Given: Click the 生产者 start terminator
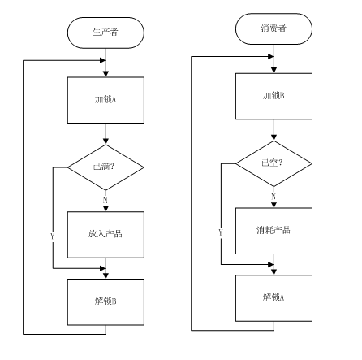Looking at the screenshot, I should point(106,33).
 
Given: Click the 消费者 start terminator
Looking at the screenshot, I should point(274,29).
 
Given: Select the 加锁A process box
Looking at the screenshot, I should point(106,99).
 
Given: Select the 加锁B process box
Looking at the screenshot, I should point(274,94).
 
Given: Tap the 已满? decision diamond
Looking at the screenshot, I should point(106,167).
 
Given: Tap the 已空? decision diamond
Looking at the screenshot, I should point(274,163).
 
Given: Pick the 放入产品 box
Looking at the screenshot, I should point(106,232).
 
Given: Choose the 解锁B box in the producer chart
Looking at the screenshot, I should point(106,300).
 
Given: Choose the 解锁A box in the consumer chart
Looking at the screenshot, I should point(274,296).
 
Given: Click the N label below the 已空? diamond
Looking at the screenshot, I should point(273,195).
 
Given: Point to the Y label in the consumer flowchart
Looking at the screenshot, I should point(220,232).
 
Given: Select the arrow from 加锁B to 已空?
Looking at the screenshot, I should point(274,129).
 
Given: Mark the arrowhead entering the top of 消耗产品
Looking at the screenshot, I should point(274,204).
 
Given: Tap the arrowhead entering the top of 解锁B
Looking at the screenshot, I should point(106,275).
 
